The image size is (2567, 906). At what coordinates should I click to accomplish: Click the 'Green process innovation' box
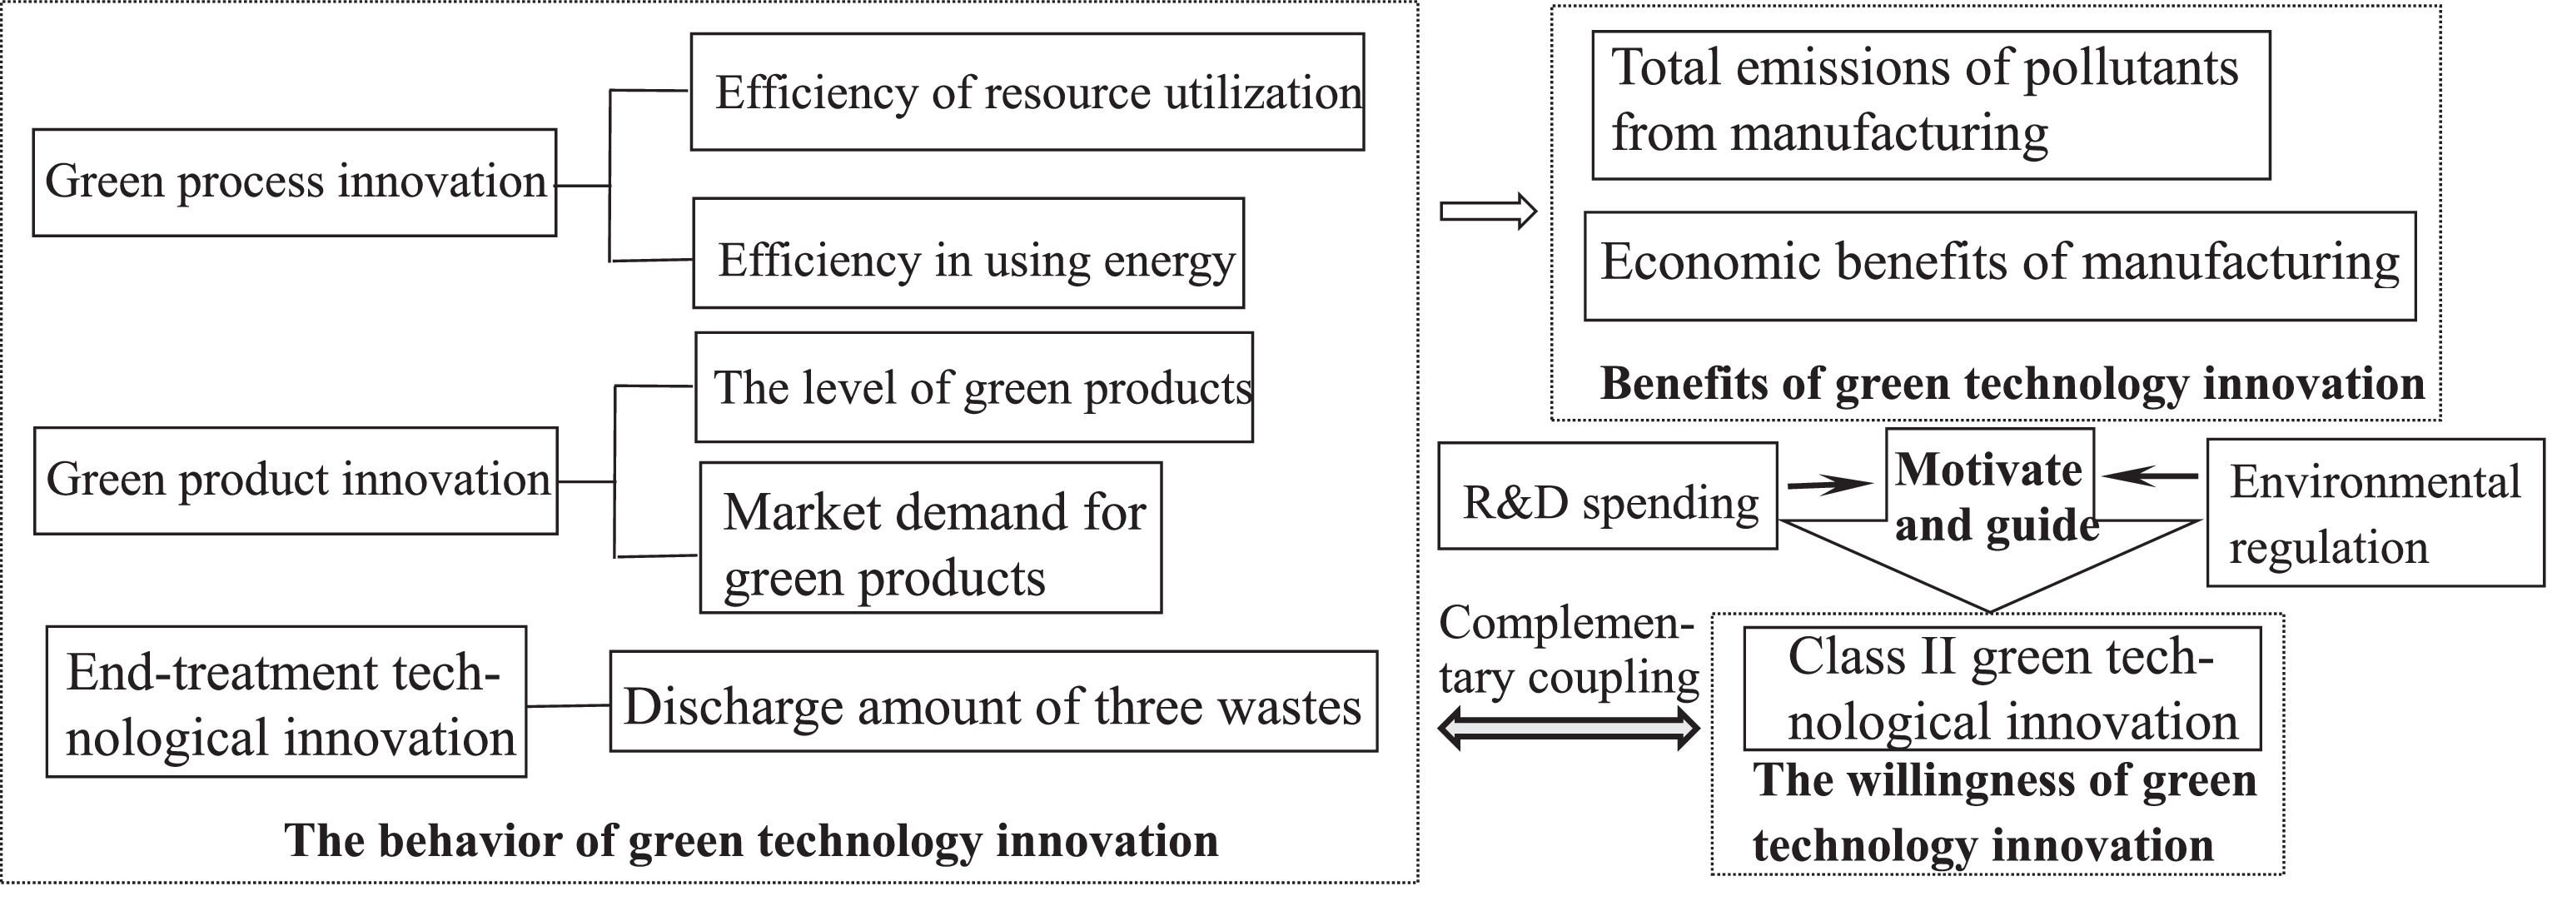[294, 182]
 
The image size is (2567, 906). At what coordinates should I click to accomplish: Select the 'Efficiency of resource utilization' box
[1027, 92]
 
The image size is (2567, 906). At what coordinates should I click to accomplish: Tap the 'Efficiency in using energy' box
[968, 253]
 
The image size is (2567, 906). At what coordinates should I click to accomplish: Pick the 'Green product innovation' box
[296, 480]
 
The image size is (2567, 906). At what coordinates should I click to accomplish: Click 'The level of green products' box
[973, 386]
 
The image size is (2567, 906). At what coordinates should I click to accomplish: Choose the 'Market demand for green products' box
[931, 537]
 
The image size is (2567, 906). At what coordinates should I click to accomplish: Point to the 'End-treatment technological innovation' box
[286, 702]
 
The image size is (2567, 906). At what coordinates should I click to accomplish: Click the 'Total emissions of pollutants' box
[1931, 105]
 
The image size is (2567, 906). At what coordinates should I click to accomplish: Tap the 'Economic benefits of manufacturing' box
[2000, 265]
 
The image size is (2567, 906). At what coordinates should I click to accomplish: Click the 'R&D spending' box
[1607, 496]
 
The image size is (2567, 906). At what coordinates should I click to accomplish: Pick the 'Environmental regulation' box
[2375, 512]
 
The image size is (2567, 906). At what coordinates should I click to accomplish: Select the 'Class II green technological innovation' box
[2002, 689]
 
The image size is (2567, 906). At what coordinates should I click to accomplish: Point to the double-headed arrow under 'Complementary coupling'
[1569, 729]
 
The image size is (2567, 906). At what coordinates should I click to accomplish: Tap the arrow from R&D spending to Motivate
[1829, 485]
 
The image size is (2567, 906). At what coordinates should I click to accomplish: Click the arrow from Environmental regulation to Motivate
[2151, 477]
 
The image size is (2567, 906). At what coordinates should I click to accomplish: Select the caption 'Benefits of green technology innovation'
[2012, 384]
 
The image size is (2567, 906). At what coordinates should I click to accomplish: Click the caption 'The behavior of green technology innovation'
[751, 840]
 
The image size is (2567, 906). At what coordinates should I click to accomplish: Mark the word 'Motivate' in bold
[1989, 470]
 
